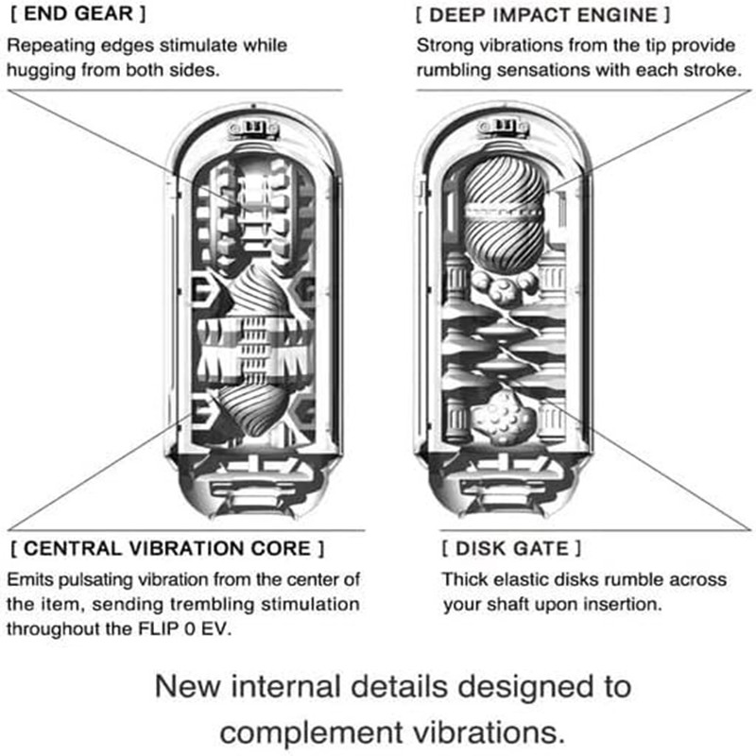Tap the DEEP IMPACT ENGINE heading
[544, 16]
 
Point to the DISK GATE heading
[511, 548]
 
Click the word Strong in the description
[443, 45]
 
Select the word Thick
[463, 578]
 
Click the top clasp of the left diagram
[255, 127]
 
